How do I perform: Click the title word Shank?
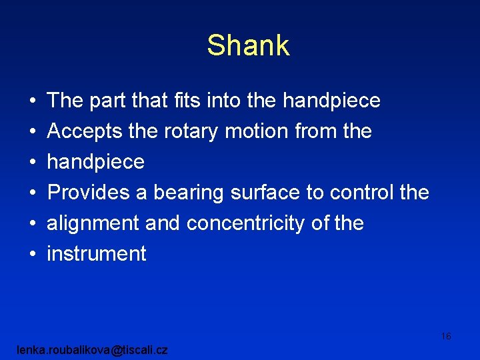[248, 45]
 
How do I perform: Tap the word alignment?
[93, 223]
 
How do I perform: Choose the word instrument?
[96, 254]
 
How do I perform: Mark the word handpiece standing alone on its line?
[95, 162]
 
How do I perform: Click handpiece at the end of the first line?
[331, 101]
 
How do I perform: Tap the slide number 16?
[446, 336]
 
